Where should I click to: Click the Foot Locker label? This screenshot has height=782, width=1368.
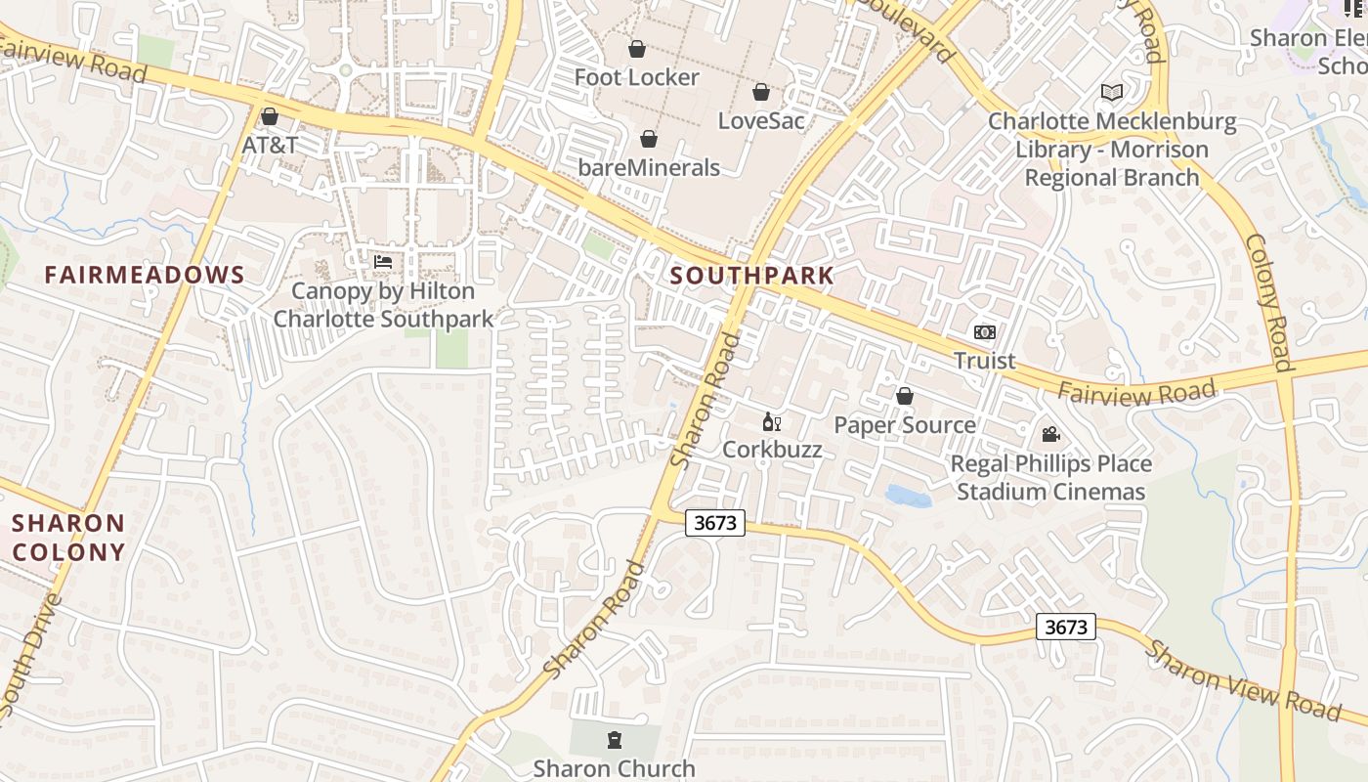[x=636, y=77]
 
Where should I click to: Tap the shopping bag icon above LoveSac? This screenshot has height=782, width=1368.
[x=761, y=93]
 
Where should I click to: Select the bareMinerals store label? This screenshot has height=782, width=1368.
[x=649, y=167]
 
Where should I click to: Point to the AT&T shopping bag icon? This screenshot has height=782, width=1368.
[x=270, y=117]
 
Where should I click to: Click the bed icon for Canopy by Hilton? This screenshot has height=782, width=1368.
[x=383, y=262]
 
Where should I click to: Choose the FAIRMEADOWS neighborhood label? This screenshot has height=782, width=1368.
[x=145, y=275]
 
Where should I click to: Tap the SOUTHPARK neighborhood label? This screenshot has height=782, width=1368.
[x=752, y=276]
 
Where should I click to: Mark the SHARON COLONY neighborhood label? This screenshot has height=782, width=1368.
[x=68, y=538]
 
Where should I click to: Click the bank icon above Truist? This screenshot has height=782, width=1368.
[x=985, y=332]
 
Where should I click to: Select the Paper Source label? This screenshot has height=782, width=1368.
[x=904, y=425]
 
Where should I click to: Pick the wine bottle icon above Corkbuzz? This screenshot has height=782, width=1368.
[x=771, y=422]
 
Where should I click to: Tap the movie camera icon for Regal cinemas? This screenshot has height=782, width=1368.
[x=1050, y=434]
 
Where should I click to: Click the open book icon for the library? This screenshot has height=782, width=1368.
[x=1111, y=93]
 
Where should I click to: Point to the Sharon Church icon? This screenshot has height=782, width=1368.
[x=614, y=740]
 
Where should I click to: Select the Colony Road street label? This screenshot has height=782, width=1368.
[x=1269, y=303]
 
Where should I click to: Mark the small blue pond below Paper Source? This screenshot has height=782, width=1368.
[x=908, y=497]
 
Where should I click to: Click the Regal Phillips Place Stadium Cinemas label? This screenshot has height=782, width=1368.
[x=1051, y=477]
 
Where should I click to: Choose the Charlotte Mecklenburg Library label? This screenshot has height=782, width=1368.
[x=1112, y=150]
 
